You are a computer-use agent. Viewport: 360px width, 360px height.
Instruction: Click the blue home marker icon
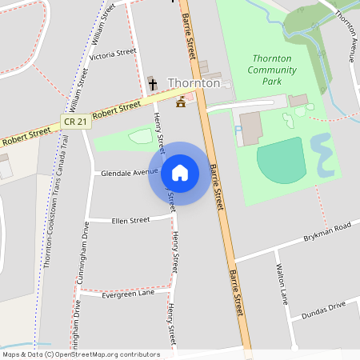pos(179,172)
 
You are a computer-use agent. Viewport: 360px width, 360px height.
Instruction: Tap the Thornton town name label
pos(194,83)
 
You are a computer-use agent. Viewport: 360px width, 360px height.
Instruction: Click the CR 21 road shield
pos(73,121)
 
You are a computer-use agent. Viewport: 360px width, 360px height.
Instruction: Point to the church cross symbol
pos(152,83)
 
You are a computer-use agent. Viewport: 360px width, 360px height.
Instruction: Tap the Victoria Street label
pos(113,54)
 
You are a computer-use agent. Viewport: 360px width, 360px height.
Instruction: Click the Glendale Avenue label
pos(129,172)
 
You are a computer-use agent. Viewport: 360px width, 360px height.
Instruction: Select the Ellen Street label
pos(130,220)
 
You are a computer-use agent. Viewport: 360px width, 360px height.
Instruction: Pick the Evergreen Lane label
pos(128,294)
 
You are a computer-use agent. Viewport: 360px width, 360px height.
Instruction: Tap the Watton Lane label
pos(281,284)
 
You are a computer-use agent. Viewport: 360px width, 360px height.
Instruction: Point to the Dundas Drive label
pos(324,310)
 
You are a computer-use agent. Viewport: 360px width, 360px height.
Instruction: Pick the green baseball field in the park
pos(282,159)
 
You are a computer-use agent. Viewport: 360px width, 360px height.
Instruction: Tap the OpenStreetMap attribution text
pos(81,354)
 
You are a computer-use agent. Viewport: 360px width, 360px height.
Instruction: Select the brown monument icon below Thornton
pos(181,102)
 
